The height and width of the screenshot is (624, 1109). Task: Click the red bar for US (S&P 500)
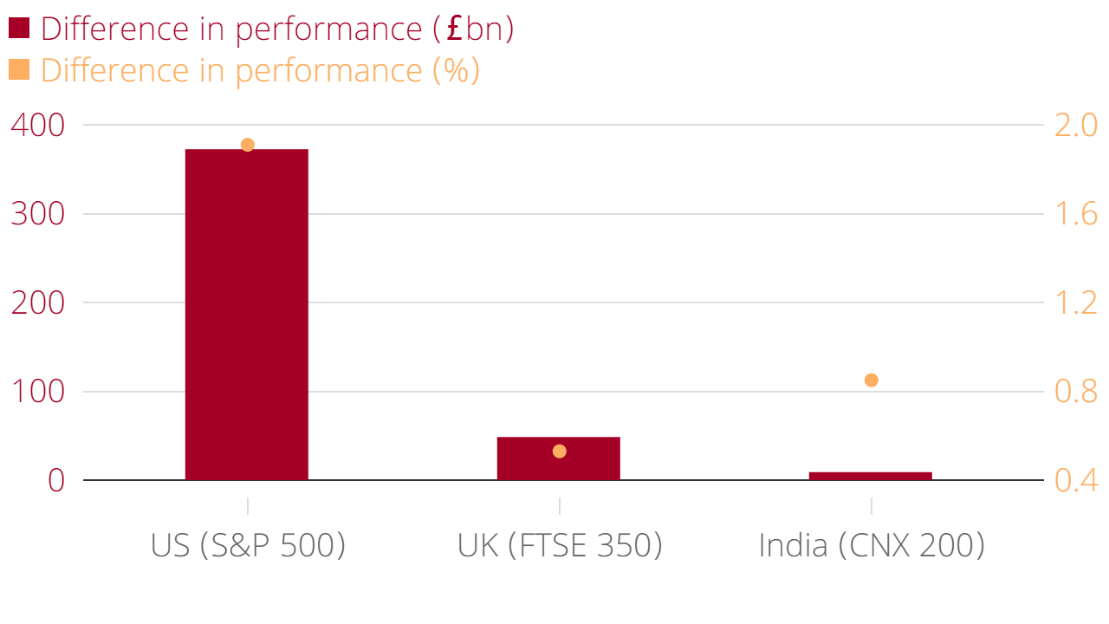[x=247, y=314]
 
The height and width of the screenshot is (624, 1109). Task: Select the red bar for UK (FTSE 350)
[x=559, y=458]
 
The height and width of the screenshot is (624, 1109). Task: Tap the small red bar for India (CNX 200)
[x=871, y=476]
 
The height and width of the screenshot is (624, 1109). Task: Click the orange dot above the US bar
[x=247, y=145]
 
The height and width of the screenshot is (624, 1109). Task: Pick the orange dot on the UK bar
[x=560, y=452]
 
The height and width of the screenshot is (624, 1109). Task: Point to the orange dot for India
[x=872, y=380]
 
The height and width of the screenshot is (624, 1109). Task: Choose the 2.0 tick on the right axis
[x=1075, y=126]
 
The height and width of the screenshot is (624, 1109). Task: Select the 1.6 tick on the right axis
[x=1075, y=214]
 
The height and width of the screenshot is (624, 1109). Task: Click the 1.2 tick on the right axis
[x=1075, y=303]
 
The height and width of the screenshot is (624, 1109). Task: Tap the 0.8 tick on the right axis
[x=1075, y=392]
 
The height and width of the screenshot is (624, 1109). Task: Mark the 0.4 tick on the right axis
[x=1075, y=481]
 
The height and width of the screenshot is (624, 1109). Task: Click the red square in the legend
[x=19, y=29]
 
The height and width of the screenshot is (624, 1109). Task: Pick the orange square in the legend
[x=19, y=69]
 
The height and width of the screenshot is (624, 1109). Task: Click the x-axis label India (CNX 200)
[x=872, y=546]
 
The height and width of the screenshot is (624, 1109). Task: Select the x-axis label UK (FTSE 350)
[x=560, y=546]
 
